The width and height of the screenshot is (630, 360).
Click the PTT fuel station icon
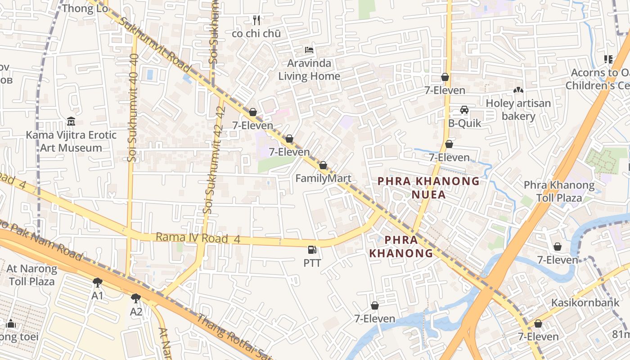point(312,250)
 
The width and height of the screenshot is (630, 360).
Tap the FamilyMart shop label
point(323,178)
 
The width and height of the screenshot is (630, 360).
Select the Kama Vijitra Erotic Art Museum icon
point(71,121)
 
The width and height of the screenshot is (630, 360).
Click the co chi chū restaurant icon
point(256,20)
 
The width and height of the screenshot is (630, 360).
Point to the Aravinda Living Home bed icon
point(309,49)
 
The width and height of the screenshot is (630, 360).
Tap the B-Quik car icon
point(464,110)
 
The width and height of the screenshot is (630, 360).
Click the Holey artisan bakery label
point(518,110)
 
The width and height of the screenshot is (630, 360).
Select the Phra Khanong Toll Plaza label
point(559,191)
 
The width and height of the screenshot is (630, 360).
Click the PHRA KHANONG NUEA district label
point(428,188)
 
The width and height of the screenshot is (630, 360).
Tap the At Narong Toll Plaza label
point(31,275)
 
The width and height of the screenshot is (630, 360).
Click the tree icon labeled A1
point(97,283)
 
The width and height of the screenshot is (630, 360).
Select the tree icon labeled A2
point(136,298)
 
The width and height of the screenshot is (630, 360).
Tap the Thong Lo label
point(85,8)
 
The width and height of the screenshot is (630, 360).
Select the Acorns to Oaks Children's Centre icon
point(608,59)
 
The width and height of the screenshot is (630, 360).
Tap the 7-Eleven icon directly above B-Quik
point(445,77)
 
